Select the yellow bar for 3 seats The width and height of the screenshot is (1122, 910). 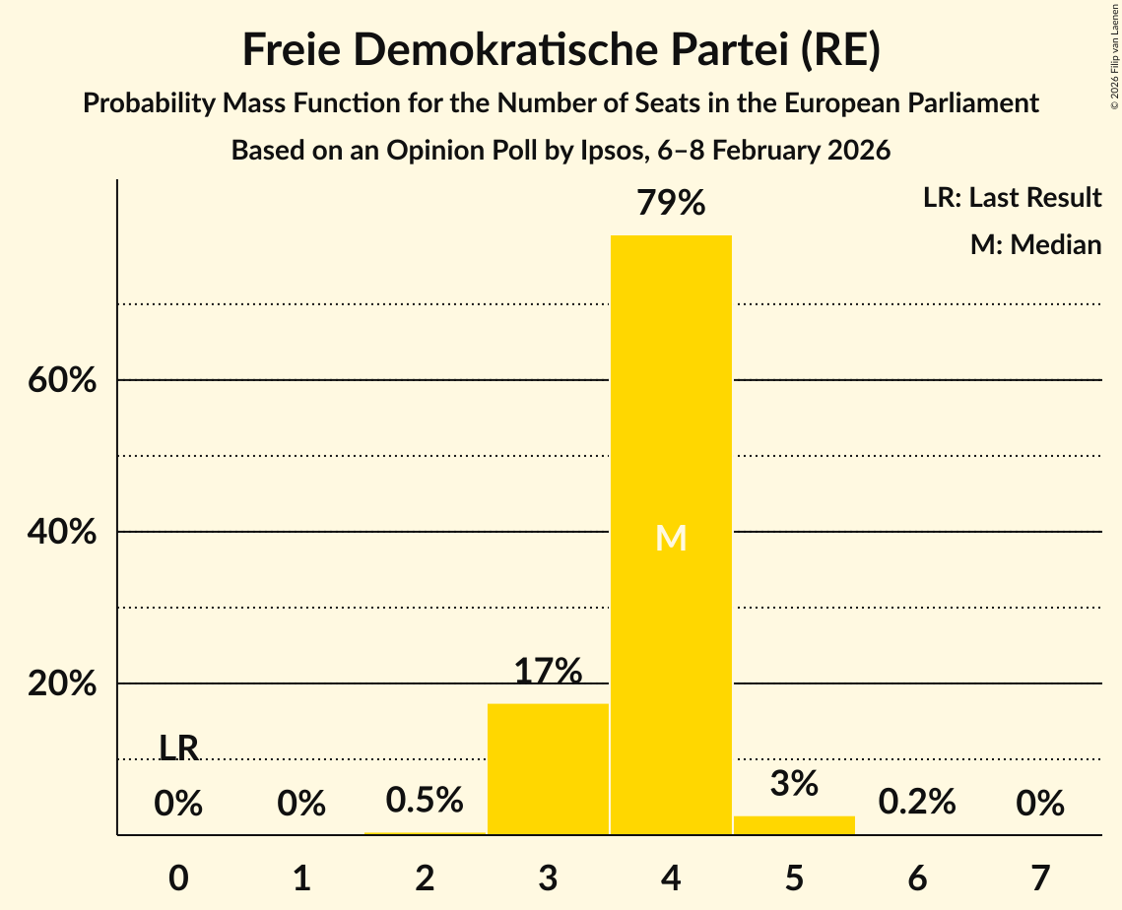[x=548, y=769]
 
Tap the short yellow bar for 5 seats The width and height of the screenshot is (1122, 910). [x=794, y=825]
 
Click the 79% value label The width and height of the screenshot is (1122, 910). [x=671, y=204]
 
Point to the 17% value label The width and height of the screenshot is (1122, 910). [x=548, y=672]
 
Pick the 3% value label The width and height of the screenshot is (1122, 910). [x=794, y=784]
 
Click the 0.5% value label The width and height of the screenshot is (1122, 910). [x=425, y=800]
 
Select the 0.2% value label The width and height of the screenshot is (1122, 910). [x=917, y=802]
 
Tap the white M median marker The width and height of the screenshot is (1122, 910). [x=671, y=538]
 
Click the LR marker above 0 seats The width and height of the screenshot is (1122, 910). [x=178, y=748]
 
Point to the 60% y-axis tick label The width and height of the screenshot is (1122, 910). [x=62, y=380]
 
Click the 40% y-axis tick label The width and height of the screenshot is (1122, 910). [x=62, y=532]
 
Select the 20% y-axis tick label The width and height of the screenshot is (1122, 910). [x=62, y=683]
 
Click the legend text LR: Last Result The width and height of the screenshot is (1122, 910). [x=1013, y=198]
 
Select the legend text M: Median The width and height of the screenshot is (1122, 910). [x=1035, y=244]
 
